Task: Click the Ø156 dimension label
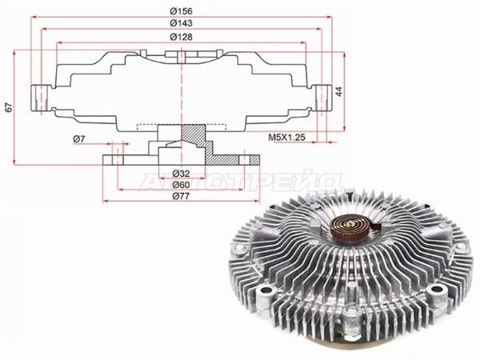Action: tap(182, 11)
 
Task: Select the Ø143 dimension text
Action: tap(182, 23)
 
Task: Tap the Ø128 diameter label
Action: tap(182, 37)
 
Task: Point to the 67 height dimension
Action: tap(9, 107)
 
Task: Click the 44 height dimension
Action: tap(339, 91)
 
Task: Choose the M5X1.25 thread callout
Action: tap(287, 137)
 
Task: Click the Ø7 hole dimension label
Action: tap(78, 139)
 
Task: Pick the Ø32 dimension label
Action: tap(181, 174)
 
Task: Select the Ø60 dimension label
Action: tap(181, 185)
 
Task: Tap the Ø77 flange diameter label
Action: tap(181, 196)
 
